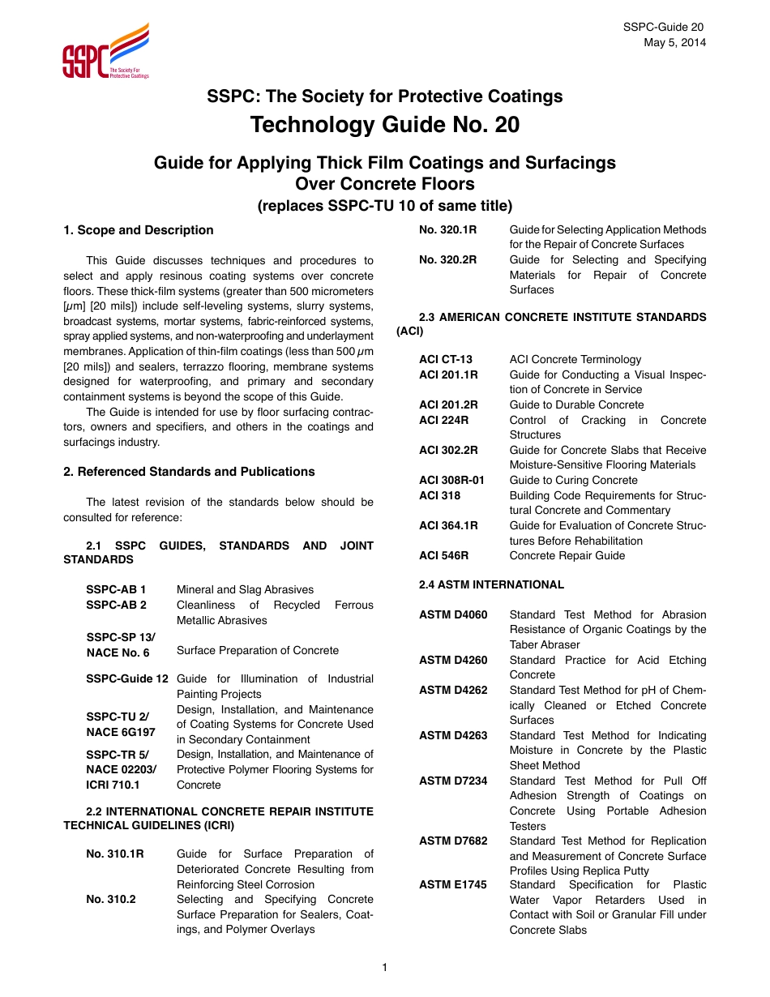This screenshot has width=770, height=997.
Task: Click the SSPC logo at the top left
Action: tap(105, 52)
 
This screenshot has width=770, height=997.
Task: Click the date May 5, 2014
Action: tap(674, 42)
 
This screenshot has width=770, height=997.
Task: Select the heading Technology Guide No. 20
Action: tap(385, 126)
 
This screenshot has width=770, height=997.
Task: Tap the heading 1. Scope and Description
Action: tap(139, 230)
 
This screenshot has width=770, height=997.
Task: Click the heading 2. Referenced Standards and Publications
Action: tap(189, 472)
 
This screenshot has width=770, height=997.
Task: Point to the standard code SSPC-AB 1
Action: tap(116, 589)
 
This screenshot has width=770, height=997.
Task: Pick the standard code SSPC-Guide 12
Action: tap(127, 678)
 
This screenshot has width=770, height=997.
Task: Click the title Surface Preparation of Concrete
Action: tap(258, 650)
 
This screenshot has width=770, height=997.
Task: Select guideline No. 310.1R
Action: tap(115, 854)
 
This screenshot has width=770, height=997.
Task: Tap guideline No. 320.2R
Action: tap(447, 259)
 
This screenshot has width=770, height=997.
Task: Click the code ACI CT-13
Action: tap(445, 359)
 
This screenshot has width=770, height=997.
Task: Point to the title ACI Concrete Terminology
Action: tap(575, 359)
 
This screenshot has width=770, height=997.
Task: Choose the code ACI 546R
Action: tap(443, 555)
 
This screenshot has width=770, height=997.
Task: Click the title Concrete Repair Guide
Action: tap(567, 555)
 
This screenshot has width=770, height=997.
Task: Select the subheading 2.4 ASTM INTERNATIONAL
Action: tap(491, 584)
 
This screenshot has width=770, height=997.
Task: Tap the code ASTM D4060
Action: tap(453, 614)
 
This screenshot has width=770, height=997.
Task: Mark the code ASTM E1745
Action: tap(452, 884)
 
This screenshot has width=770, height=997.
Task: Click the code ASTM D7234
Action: tap(453, 781)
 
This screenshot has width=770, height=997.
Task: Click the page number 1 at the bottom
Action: tap(385, 966)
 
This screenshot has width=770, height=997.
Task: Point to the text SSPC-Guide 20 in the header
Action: tap(664, 28)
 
